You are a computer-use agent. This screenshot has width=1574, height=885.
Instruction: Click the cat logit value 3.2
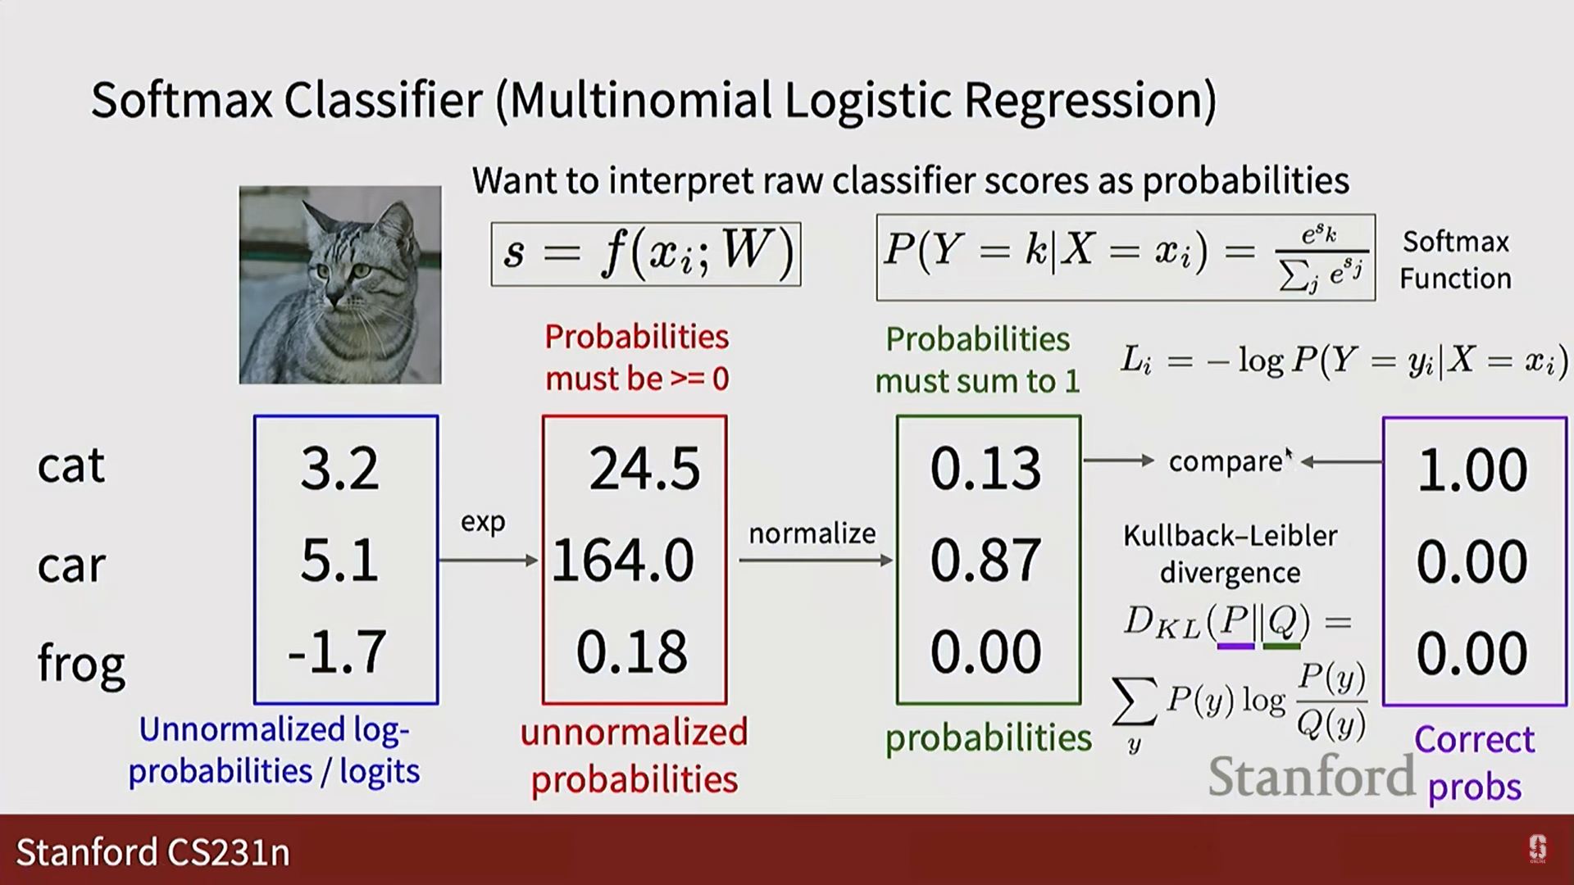click(340, 469)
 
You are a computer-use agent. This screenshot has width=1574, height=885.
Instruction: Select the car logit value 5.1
click(340, 561)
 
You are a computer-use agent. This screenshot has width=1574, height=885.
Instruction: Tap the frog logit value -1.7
click(337, 652)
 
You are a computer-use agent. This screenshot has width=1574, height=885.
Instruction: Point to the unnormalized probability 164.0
click(623, 561)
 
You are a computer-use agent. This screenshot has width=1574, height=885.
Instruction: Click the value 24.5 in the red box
click(645, 470)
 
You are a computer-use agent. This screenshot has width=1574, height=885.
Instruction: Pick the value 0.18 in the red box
click(632, 653)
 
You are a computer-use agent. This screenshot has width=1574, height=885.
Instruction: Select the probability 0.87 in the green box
click(986, 561)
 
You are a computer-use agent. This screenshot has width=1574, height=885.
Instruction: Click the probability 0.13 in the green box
click(986, 470)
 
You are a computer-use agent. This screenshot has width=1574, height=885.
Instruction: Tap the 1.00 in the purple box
click(1473, 471)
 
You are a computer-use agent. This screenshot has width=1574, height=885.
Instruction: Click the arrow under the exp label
click(489, 560)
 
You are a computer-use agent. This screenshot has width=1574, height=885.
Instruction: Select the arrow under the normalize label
click(817, 560)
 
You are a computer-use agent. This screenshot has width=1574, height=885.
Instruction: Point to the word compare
click(1226, 462)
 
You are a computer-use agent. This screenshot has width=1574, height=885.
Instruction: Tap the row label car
click(72, 566)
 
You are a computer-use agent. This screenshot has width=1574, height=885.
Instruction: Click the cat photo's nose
click(334, 295)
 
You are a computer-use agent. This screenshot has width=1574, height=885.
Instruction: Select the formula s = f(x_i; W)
click(646, 254)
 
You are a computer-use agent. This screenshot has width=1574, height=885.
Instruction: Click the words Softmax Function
click(1455, 260)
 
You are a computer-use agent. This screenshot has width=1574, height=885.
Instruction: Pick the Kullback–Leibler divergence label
click(1231, 554)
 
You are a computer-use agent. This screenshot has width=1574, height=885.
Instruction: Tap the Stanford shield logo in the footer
click(1538, 849)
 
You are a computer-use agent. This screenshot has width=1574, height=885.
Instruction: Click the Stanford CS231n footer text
click(153, 852)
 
